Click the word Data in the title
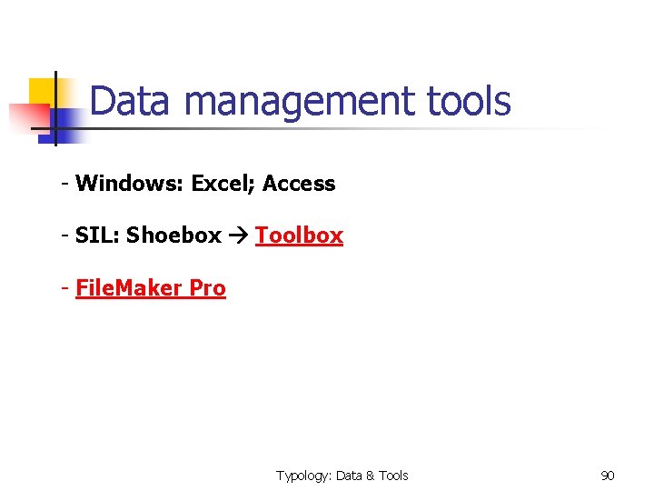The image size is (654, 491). click(129, 102)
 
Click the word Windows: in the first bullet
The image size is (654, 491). click(130, 184)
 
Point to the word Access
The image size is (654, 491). click(299, 184)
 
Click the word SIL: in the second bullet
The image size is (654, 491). click(98, 235)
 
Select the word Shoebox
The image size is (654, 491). click(173, 235)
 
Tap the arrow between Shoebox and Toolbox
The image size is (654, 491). click(238, 236)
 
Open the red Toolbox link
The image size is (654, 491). click(299, 235)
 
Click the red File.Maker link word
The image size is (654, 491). click(128, 288)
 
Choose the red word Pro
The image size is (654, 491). click(207, 288)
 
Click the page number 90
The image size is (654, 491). click(608, 476)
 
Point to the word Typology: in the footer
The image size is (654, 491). click(303, 476)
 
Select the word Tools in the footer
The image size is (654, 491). click(393, 476)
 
